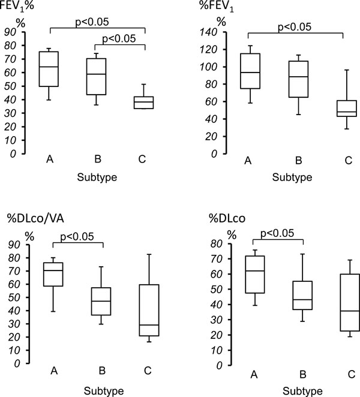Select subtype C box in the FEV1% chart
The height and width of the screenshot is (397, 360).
click(143, 102)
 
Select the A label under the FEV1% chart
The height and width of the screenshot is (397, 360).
click(47, 160)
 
